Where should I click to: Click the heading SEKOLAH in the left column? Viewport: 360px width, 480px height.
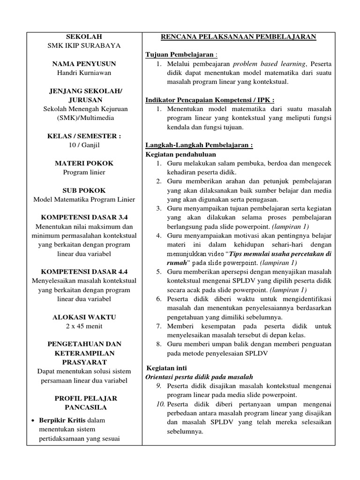coord(84,37)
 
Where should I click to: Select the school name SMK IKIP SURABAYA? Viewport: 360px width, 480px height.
coord(84,45)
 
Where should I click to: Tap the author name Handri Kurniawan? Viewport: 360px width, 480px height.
coord(84,73)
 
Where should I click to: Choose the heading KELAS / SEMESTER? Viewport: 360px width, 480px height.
coord(84,136)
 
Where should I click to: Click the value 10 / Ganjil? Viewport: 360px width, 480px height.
coord(84,145)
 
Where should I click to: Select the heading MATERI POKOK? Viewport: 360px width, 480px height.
coord(84,163)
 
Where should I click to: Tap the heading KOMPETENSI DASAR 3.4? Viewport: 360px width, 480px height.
coord(84,217)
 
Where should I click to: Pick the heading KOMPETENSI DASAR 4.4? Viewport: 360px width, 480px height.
coord(84,271)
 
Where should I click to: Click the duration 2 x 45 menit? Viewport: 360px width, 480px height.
coord(84,326)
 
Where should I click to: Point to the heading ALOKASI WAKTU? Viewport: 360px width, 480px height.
coord(84,317)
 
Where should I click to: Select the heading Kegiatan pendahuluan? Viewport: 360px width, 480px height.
coord(174,154)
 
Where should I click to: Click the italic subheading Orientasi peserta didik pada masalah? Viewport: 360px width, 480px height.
coord(199,377)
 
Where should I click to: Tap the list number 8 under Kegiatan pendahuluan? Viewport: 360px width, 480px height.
coord(159,344)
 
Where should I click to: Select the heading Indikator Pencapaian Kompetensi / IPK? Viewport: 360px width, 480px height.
coord(210,100)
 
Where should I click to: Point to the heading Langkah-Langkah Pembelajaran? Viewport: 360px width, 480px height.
coord(199,145)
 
